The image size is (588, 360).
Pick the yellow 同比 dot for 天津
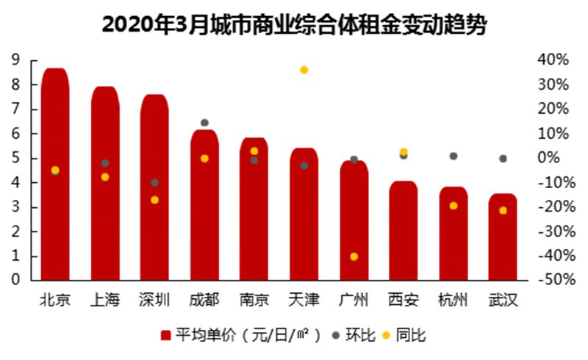point(304,70)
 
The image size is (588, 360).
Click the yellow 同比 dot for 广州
point(354,256)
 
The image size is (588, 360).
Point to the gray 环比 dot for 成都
point(204,123)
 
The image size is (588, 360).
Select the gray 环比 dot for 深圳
point(154,182)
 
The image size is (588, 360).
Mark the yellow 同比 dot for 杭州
point(453,206)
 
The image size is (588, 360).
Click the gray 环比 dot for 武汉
point(503,158)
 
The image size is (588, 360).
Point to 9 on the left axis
point(14,60)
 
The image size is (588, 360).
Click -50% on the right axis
point(551,281)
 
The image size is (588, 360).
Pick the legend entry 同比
point(404,336)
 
